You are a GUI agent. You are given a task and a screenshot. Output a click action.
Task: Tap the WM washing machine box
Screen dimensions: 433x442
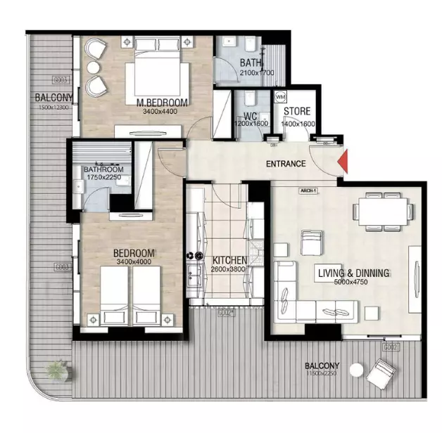(x=280, y=96)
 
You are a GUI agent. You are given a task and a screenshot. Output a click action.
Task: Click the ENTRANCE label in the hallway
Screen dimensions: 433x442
(x=286, y=164)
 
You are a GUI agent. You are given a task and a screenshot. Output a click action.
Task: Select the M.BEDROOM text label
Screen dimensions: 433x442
(x=162, y=103)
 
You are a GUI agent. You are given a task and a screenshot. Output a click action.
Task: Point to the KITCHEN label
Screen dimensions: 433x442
(x=229, y=260)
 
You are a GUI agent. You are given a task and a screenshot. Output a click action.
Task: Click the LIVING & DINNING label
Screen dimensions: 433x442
(x=353, y=273)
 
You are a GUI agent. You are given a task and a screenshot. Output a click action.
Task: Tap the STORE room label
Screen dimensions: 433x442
(x=298, y=112)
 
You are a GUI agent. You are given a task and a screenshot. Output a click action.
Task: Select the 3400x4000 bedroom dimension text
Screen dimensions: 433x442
(x=134, y=262)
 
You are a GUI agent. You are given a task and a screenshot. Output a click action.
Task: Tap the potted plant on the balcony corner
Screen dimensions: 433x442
(x=56, y=368)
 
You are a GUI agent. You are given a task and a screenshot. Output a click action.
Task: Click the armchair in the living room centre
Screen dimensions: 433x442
(x=310, y=243)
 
